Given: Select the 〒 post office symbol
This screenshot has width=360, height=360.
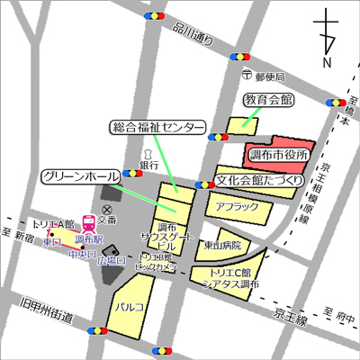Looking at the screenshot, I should tap(246, 76).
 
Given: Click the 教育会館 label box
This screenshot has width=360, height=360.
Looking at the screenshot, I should tap(270, 98).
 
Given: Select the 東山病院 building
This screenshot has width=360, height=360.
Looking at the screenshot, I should tap(221, 244).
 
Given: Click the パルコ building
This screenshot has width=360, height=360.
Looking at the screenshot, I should tap(130, 306).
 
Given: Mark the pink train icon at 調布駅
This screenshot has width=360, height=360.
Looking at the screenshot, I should tap(88, 222).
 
